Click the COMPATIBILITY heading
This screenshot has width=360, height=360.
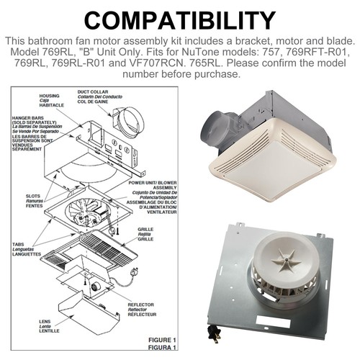180,19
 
